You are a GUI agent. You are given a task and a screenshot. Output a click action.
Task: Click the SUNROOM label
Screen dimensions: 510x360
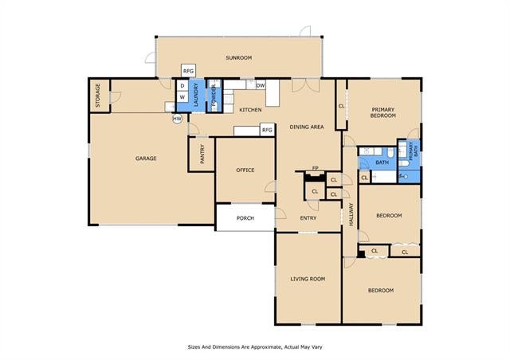click(239, 58)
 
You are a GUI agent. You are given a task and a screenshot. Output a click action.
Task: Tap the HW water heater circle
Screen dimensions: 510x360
click(177, 119)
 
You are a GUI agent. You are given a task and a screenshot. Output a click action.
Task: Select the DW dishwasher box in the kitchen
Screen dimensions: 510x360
click(261, 85)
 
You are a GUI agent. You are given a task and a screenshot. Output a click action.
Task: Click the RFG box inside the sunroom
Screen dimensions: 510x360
click(188, 71)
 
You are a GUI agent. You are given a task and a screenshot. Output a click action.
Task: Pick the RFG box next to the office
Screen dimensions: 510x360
click(267, 130)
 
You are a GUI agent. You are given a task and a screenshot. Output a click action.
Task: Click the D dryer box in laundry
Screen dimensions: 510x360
click(182, 86)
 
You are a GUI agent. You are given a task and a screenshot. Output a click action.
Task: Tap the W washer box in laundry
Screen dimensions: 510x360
click(182, 97)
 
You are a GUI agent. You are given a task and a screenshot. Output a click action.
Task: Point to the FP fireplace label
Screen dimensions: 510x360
click(315, 168)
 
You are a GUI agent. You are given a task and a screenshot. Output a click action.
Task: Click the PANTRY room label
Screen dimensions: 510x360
click(202, 154)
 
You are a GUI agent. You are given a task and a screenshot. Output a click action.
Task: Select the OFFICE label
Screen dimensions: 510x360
click(245, 170)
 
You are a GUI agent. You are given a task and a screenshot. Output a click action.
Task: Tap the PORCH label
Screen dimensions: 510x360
click(245, 218)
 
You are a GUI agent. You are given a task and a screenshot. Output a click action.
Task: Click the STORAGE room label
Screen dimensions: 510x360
click(97, 96)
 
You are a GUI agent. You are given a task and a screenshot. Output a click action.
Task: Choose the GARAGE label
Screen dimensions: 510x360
click(146, 158)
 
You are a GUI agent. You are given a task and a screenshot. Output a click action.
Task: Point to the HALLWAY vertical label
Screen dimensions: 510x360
click(351, 214)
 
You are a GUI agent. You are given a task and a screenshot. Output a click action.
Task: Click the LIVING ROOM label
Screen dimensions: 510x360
click(308, 279)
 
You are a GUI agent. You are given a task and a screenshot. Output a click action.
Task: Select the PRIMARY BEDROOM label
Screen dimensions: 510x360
click(383, 112)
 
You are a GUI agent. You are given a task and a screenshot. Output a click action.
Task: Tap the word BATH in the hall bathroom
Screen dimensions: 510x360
click(382, 162)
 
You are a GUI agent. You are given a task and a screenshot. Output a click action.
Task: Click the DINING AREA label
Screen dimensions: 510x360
click(307, 127)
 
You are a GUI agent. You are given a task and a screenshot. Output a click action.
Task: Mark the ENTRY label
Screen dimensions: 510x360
click(308, 218)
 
